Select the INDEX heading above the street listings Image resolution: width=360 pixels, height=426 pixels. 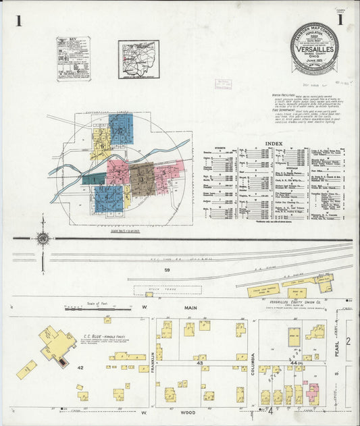pos(274,144)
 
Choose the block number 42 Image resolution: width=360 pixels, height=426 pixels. pos(80,367)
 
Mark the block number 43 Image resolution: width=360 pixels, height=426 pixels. pos(201,363)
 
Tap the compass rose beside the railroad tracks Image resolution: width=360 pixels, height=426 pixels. pos(43,238)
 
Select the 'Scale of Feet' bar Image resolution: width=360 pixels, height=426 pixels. pos(88,309)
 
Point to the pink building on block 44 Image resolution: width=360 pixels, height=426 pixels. pos(313,393)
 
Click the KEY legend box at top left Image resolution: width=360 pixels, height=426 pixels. pos(73,59)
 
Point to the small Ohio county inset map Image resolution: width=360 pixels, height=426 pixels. pos(138,59)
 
